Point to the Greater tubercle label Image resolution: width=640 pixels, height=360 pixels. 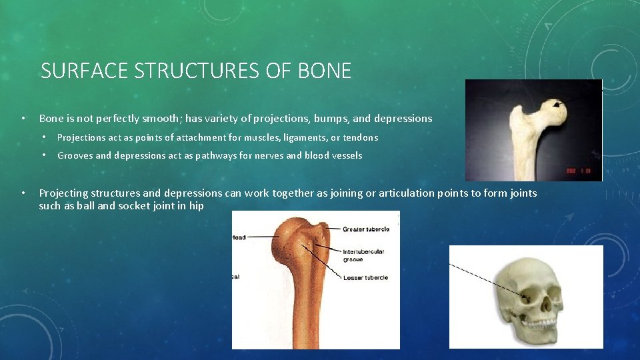(x=365, y=229)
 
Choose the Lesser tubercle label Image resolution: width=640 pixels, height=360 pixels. (x=365, y=277)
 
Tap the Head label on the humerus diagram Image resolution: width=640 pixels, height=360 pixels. (x=239, y=237)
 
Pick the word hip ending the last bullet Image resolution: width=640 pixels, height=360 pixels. (x=197, y=206)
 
